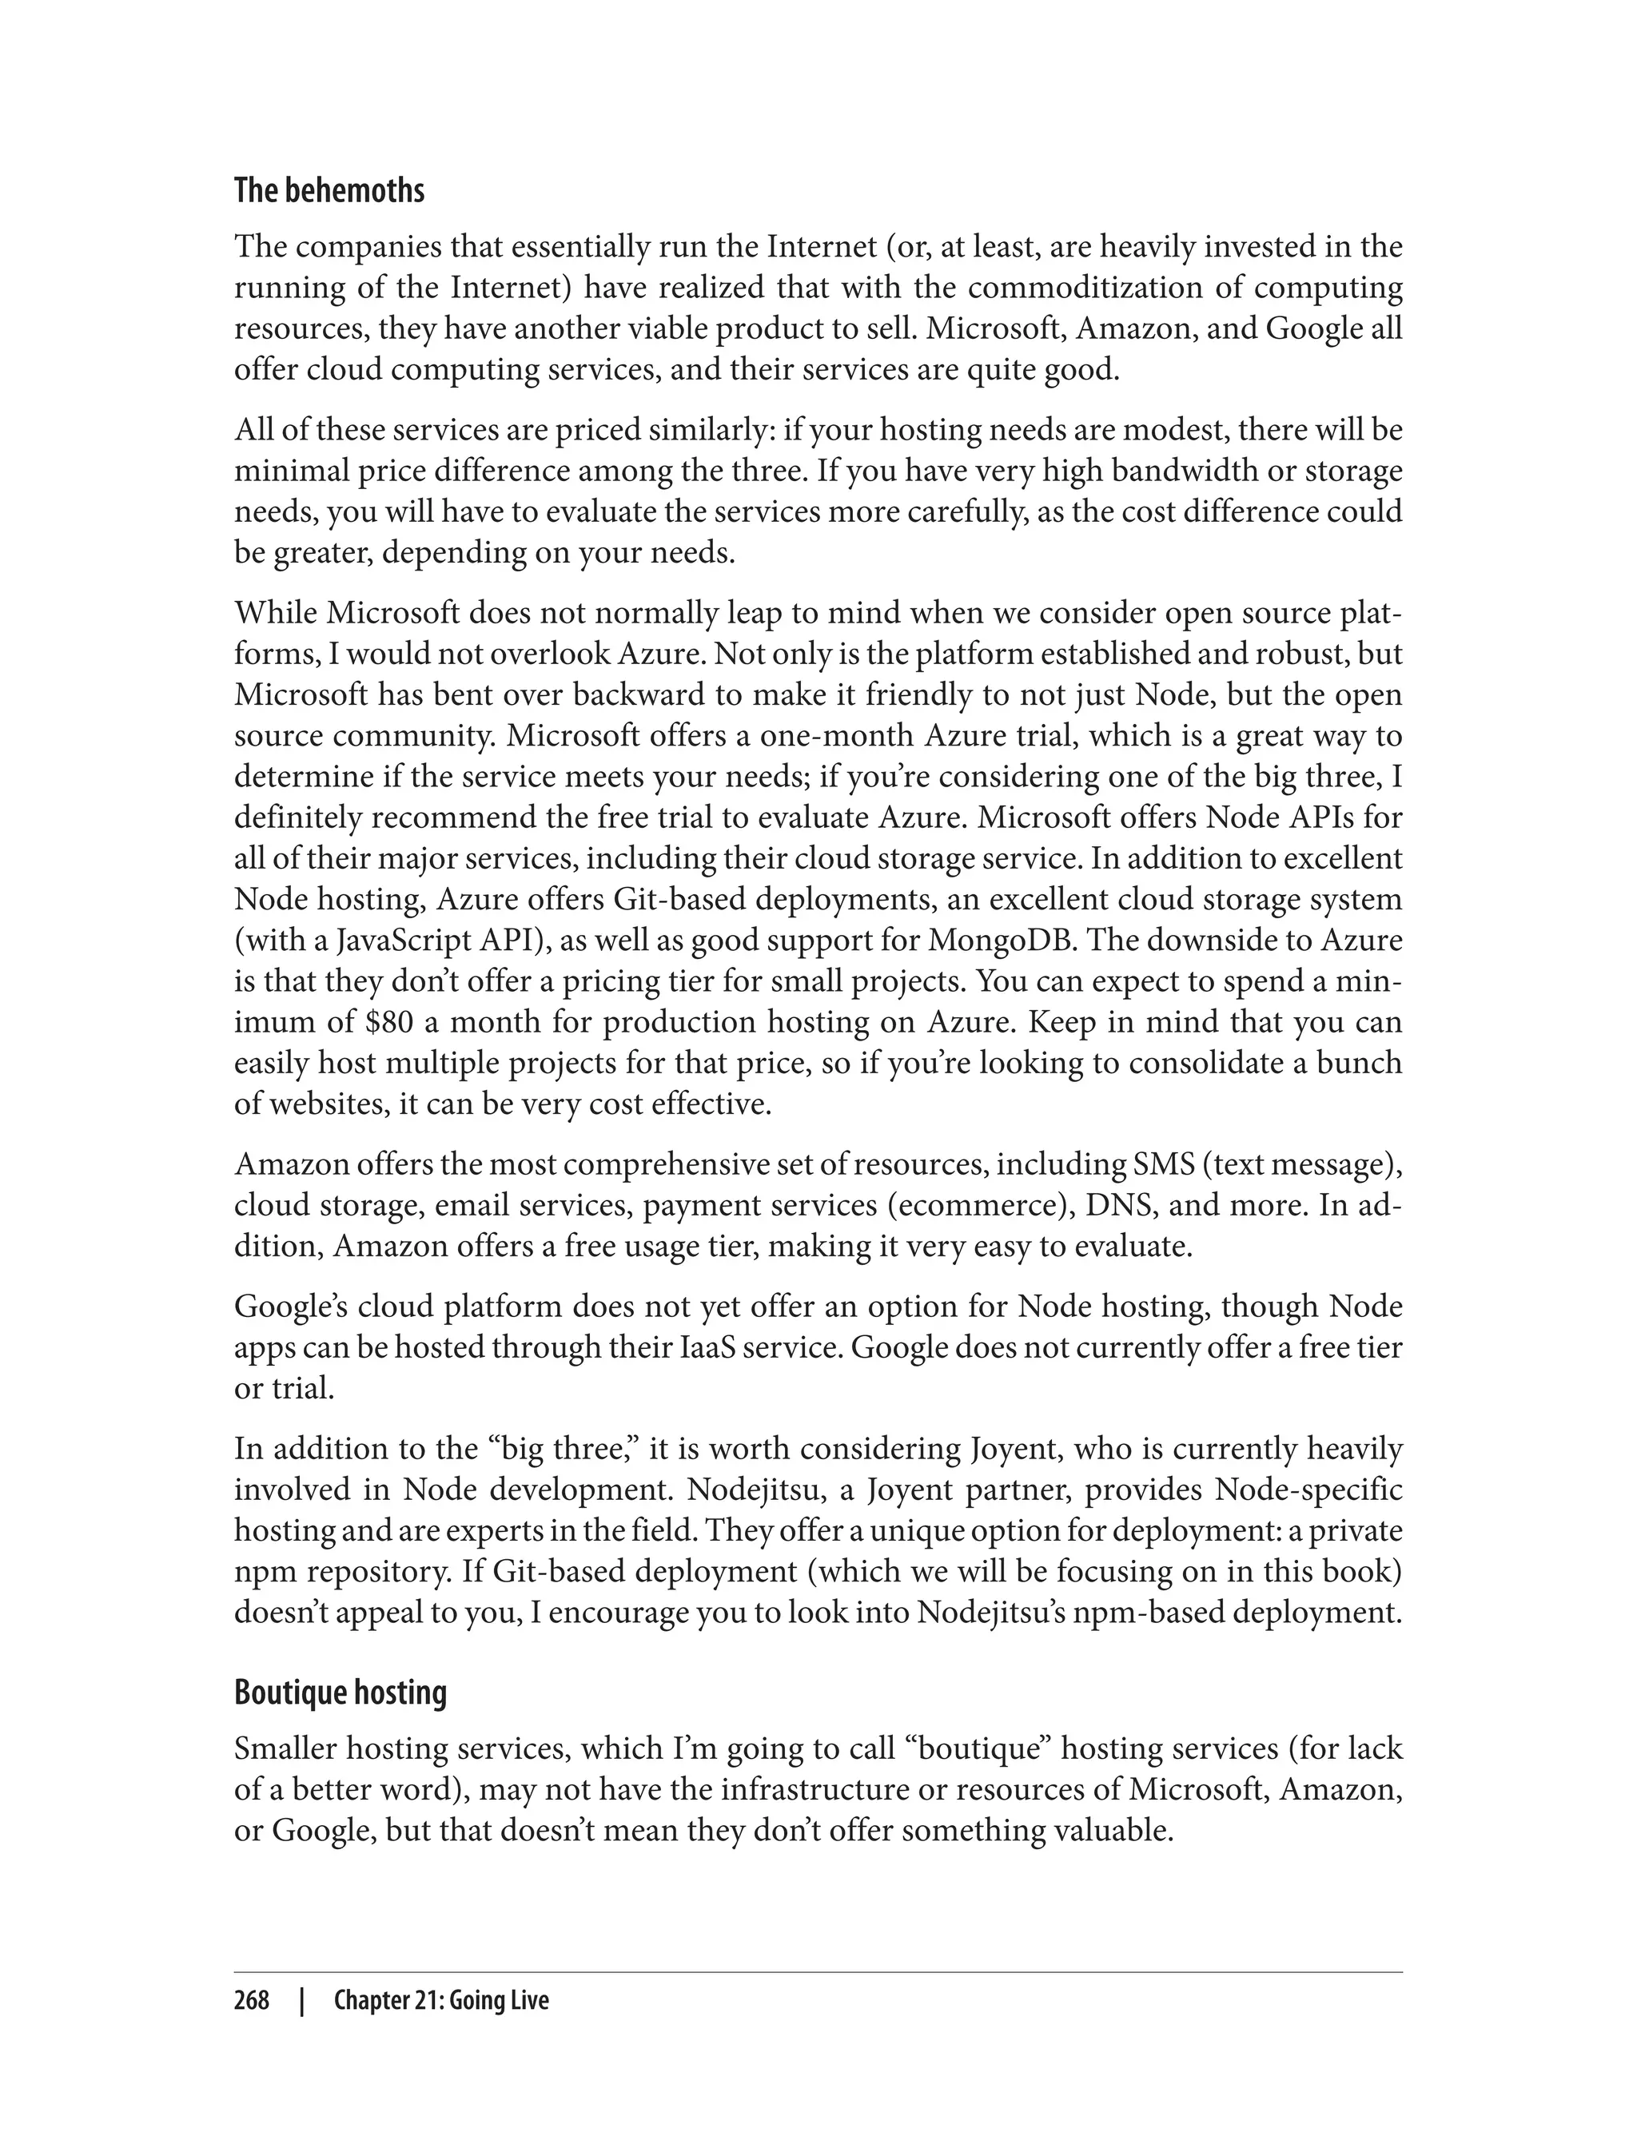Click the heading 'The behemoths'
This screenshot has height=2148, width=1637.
coord(329,191)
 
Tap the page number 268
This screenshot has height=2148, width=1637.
coord(252,2001)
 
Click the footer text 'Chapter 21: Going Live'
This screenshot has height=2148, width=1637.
coord(441,2001)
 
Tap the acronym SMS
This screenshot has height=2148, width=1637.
coord(1161,1164)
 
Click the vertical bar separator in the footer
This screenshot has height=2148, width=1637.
coord(303,2001)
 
